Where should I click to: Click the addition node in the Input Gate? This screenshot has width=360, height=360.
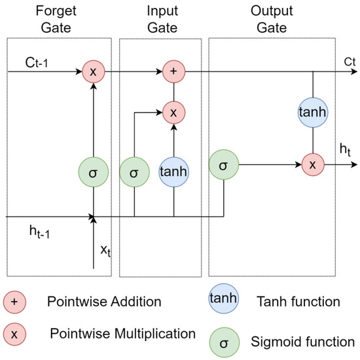click(173, 71)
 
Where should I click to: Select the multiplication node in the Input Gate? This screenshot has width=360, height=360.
click(173, 113)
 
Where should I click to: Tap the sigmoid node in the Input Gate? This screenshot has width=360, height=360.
click(134, 174)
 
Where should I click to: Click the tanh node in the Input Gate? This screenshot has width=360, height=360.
click(173, 174)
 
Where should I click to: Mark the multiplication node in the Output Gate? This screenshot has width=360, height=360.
click(312, 165)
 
